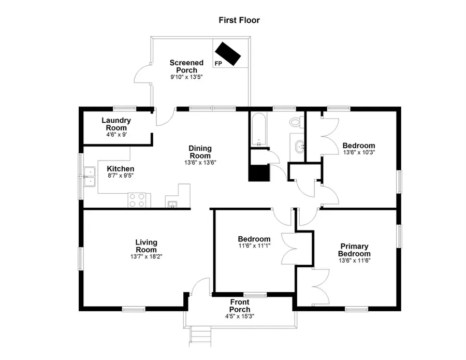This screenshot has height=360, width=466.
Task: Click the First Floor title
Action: pyautogui.click(x=239, y=21)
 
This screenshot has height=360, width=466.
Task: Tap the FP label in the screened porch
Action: pyautogui.click(x=219, y=63)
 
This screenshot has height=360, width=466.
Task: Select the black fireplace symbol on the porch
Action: pyautogui.click(x=228, y=53)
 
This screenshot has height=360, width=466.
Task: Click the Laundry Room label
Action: pyautogui.click(x=116, y=124)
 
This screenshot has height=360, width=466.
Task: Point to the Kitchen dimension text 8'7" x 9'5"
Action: pyautogui.click(x=121, y=176)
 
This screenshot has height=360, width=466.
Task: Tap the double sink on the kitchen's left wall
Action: pyautogui.click(x=90, y=176)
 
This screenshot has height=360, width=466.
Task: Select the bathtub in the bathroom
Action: pyautogui.click(x=257, y=129)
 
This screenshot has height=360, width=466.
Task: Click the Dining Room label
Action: pyautogui.click(x=199, y=152)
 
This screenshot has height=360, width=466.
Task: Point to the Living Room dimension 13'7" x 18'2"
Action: pyautogui.click(x=146, y=256)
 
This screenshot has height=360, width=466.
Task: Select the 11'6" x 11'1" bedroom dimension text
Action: pyautogui.click(x=254, y=246)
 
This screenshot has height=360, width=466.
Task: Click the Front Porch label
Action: pyautogui.click(x=240, y=306)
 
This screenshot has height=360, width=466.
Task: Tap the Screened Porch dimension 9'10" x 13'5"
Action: pyautogui.click(x=186, y=77)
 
